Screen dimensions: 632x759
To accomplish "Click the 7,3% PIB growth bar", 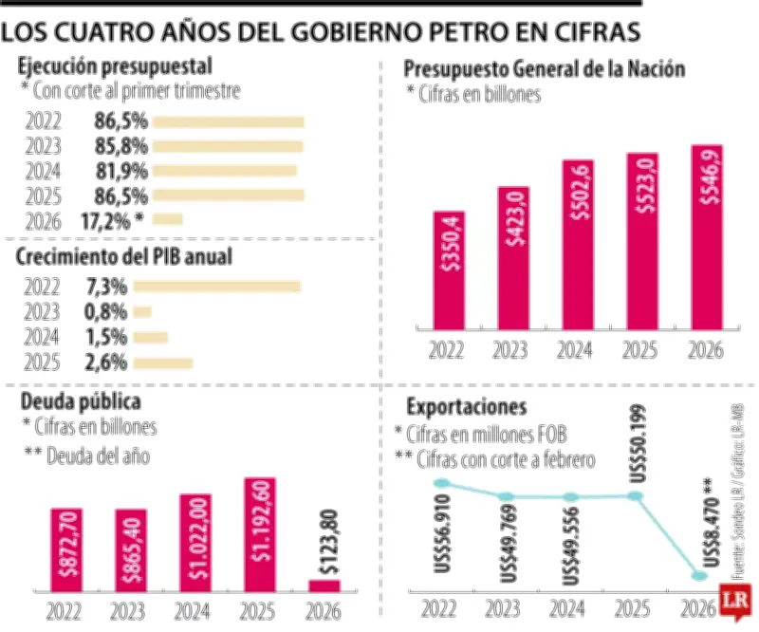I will pos(226,287).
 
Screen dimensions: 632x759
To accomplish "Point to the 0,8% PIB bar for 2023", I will pos(142,311).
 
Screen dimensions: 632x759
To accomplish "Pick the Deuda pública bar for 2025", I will pos(260,533).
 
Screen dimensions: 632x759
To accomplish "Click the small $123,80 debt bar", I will pos(324,585).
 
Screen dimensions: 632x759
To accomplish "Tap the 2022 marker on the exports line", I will pos(439,484).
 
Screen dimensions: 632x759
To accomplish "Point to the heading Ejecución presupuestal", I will pos(114,66).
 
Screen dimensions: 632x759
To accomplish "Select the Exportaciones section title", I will pos(466,407).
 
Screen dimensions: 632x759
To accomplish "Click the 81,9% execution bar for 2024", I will pos(224,171).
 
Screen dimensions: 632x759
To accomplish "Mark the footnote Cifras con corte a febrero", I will pos(500,460).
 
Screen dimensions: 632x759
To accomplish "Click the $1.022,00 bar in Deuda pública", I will pos(195,541).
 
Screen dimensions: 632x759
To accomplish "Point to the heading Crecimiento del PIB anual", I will pos(124,256).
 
